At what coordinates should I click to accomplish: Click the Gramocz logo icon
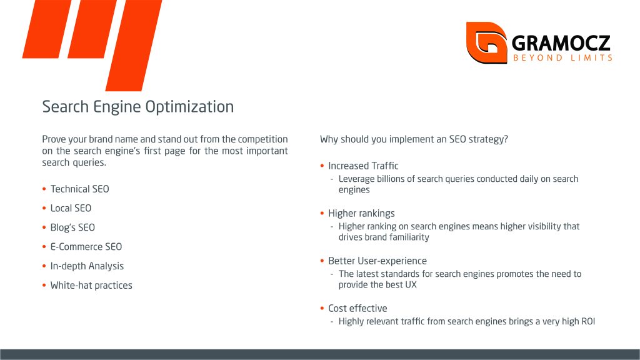(x=486, y=42)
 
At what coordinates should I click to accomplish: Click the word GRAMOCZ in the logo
(x=561, y=43)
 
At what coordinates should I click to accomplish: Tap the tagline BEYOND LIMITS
(x=563, y=58)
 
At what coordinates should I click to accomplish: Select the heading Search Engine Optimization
(x=138, y=106)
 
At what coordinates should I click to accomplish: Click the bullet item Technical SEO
(x=79, y=189)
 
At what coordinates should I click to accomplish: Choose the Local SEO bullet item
(x=71, y=208)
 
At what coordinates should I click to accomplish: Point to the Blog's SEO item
(x=72, y=227)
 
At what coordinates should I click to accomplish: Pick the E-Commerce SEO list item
(x=86, y=246)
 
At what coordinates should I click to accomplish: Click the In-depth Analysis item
(x=87, y=266)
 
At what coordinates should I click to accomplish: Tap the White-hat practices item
(x=91, y=285)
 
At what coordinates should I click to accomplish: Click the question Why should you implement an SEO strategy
(x=414, y=139)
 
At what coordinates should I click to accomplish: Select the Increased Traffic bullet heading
(x=363, y=166)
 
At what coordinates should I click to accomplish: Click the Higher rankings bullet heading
(x=361, y=214)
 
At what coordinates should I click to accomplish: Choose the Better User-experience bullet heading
(x=377, y=261)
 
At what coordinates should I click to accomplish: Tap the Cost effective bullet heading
(x=357, y=308)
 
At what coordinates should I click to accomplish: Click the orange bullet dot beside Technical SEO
(x=44, y=189)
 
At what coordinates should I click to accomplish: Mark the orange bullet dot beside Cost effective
(x=322, y=308)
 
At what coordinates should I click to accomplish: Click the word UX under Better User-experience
(x=411, y=285)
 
